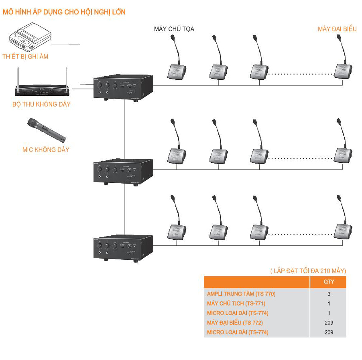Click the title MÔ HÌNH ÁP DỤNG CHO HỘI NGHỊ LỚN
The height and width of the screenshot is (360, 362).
tap(64, 12)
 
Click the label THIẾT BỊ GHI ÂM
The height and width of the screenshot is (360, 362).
tap(25, 57)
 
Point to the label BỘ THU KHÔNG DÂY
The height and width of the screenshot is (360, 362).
tap(41, 105)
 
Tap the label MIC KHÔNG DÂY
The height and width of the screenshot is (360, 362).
tap(46, 150)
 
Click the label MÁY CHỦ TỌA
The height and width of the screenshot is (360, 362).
tap(174, 29)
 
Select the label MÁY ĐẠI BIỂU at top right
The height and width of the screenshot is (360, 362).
tap(337, 29)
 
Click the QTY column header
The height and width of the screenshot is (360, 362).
tap(329, 281)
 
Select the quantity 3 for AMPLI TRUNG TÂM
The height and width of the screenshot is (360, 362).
tap(329, 294)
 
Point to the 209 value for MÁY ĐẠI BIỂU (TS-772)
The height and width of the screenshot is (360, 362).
tap(329, 323)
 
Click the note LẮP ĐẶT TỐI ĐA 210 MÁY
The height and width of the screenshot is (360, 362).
tap(308, 271)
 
